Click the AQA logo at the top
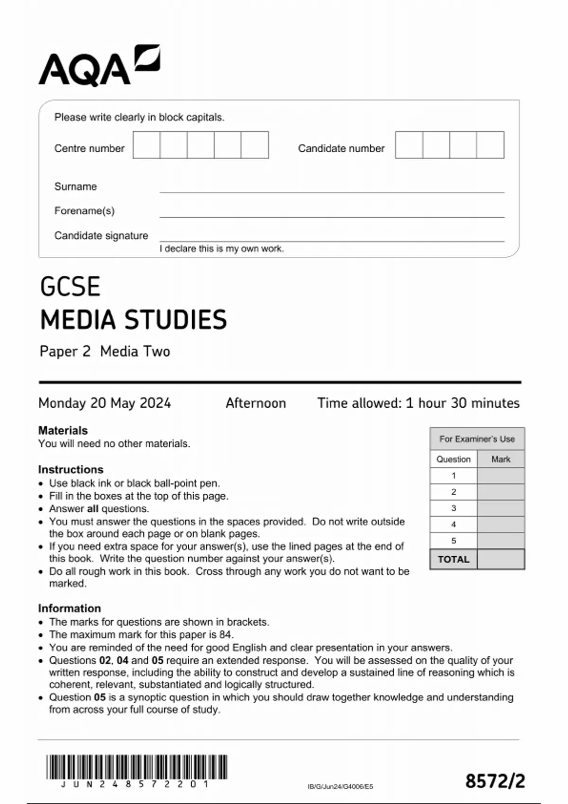(x=99, y=66)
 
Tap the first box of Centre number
(x=146, y=145)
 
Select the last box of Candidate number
(x=490, y=145)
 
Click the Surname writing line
(x=331, y=188)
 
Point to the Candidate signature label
(x=101, y=236)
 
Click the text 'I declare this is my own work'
(x=222, y=249)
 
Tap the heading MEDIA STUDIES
(x=133, y=320)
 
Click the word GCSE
(x=70, y=287)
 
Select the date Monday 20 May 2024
(x=105, y=403)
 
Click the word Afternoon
(x=256, y=403)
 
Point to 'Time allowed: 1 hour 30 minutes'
(x=418, y=403)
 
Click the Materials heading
(x=63, y=430)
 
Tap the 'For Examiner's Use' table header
(x=477, y=439)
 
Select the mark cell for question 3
(x=501, y=508)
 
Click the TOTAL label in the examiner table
(x=453, y=559)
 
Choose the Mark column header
(x=501, y=459)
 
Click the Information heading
(x=70, y=608)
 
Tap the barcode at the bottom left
(x=136, y=767)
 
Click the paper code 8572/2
(x=495, y=781)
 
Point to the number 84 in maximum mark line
(x=226, y=635)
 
